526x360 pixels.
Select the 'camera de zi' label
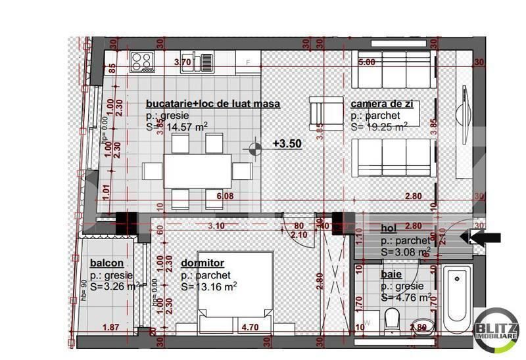[x=385, y=104]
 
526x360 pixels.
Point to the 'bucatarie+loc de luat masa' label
[x=213, y=104]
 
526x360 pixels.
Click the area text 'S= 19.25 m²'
[x=379, y=127]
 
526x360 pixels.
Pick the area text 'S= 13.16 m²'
[x=208, y=286]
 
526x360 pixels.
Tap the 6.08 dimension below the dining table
[x=215, y=196]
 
